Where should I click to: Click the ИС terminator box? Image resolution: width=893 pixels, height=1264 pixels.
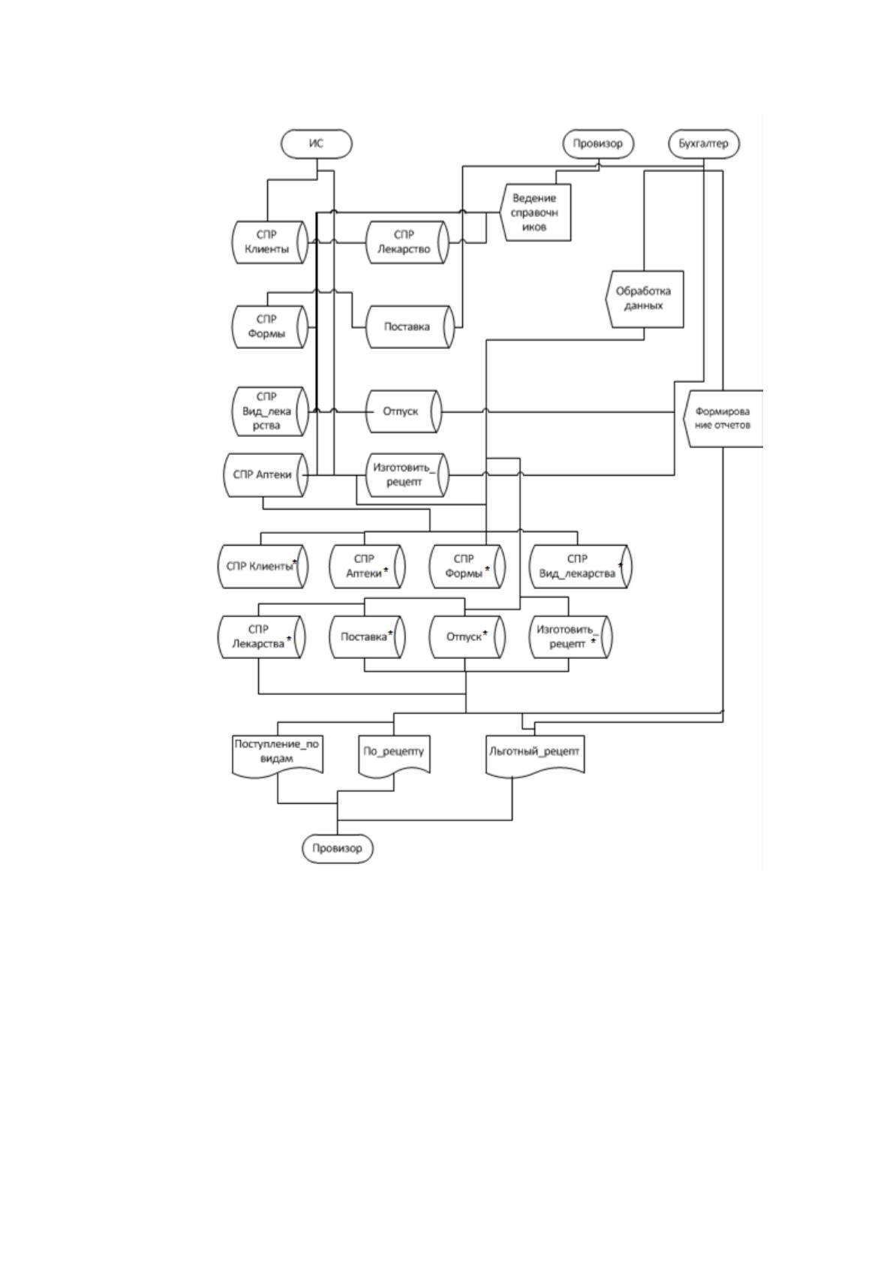click(316, 143)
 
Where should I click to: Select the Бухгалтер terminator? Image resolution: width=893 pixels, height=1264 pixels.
click(703, 143)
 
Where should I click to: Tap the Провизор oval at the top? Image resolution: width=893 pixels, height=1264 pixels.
click(598, 143)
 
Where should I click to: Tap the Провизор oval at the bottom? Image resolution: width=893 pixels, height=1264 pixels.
click(338, 848)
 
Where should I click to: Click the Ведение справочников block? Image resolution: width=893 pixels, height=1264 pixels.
click(535, 212)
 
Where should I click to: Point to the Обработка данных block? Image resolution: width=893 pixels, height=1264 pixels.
click(644, 299)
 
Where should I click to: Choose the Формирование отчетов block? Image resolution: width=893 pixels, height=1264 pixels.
click(723, 419)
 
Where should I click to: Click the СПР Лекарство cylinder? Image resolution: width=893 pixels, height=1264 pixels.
click(407, 242)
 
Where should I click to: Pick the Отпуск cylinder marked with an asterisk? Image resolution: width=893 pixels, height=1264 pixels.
click(467, 637)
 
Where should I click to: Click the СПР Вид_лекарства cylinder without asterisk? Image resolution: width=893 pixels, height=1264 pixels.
click(269, 411)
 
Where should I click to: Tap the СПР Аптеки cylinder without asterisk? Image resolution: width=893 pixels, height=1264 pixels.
click(266, 475)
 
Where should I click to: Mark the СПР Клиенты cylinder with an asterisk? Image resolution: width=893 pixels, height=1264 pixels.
click(263, 567)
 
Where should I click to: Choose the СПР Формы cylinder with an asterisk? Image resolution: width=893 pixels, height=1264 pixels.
click(467, 567)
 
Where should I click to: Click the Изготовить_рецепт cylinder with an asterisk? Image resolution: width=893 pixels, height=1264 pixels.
click(570, 637)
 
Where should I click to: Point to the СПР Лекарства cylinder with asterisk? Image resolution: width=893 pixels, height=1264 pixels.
click(261, 637)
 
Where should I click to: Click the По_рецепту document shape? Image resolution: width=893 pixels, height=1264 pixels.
click(394, 755)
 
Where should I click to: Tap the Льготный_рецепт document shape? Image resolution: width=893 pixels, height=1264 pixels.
click(535, 755)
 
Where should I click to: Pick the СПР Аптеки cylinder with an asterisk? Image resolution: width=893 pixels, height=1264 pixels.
click(367, 567)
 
